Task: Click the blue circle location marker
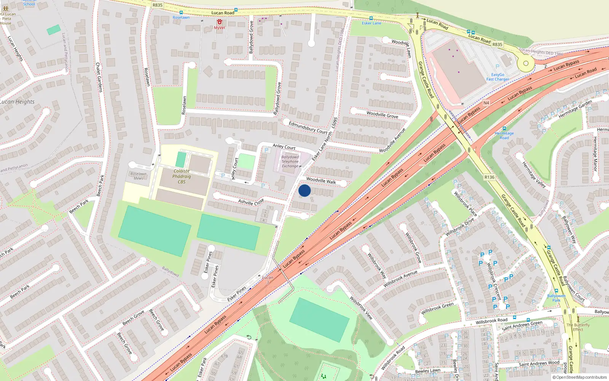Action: click(x=304, y=190)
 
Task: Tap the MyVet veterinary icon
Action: click(x=220, y=22)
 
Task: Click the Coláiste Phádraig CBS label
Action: click(x=182, y=176)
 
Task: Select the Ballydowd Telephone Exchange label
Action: click(x=290, y=162)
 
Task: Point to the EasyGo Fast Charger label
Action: click(x=497, y=77)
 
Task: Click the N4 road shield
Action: click(x=486, y=103)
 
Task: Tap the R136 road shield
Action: click(x=489, y=177)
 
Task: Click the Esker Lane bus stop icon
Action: click(x=371, y=18)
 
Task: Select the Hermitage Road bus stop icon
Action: click(x=504, y=129)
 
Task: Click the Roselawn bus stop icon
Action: click(x=181, y=13)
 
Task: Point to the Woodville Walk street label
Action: click(x=321, y=181)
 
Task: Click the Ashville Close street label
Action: click(x=251, y=202)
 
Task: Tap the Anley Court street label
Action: click(x=284, y=147)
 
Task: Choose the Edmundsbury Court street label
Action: click(x=308, y=127)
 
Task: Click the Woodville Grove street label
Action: click(x=382, y=115)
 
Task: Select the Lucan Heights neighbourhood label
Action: click(x=17, y=102)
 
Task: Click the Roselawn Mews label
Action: click(x=138, y=176)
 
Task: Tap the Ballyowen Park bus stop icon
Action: click(x=556, y=291)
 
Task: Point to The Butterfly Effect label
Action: click(x=578, y=327)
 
